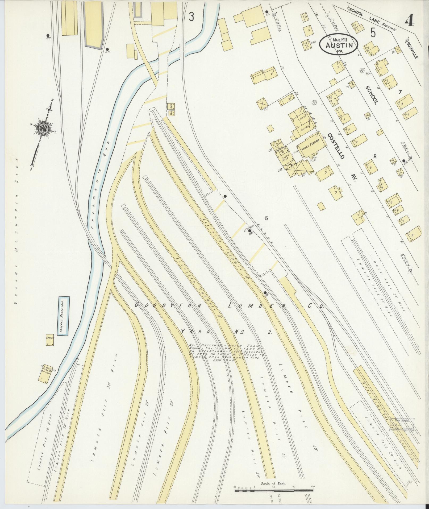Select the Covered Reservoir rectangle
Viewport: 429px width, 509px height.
[64, 316]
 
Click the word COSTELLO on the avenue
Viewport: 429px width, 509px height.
[336, 146]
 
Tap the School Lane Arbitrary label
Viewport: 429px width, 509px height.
[372, 19]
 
